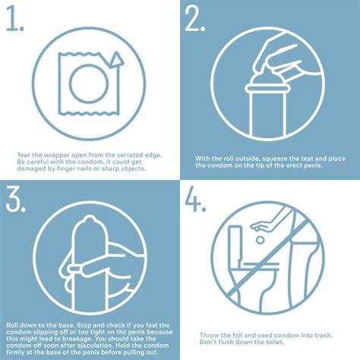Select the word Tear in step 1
[24, 155]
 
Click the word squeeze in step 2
[275, 159]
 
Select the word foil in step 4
[238, 336]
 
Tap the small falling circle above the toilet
[260, 240]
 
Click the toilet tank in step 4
[236, 242]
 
